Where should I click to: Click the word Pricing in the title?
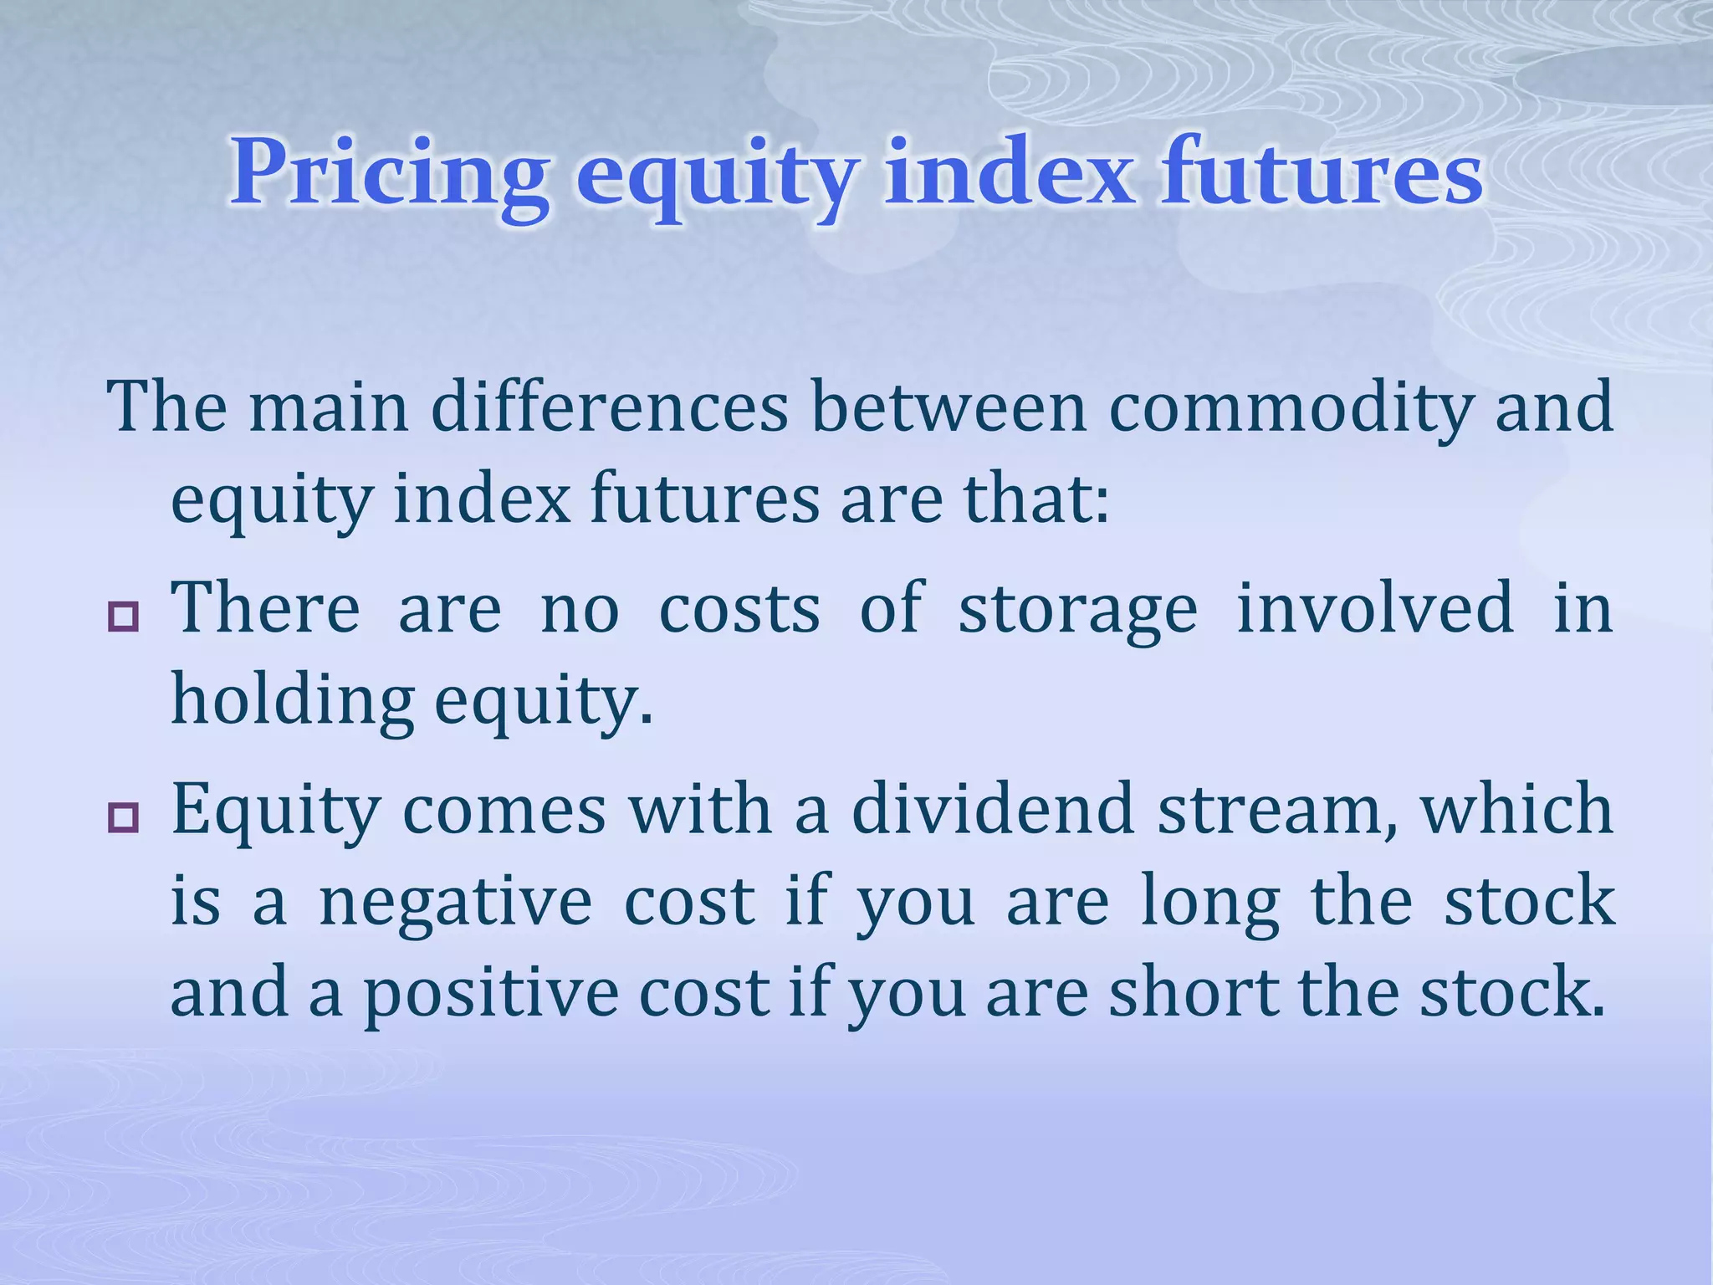[x=390, y=173]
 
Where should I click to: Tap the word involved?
[x=1375, y=608]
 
